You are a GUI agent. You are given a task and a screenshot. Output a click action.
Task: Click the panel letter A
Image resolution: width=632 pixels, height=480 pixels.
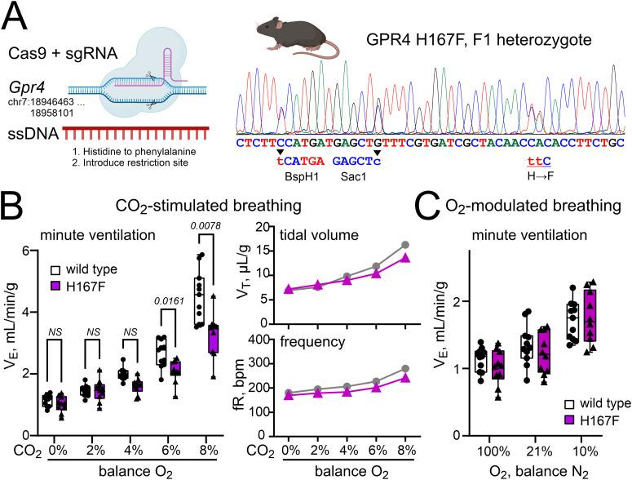(18, 16)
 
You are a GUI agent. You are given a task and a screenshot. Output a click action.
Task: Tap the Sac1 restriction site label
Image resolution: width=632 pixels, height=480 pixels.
(330, 175)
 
